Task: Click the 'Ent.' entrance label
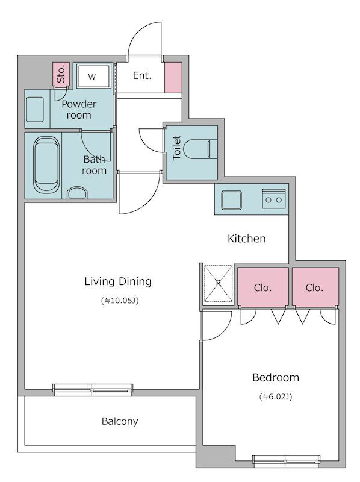click(142, 75)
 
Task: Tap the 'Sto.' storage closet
click(61, 74)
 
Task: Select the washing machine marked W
click(93, 76)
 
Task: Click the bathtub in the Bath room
click(47, 165)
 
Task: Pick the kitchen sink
click(232, 200)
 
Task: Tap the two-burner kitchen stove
click(274, 199)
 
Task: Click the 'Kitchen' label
click(247, 239)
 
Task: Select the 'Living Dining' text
click(118, 281)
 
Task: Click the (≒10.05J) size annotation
click(120, 300)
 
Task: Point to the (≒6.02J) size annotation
click(276, 396)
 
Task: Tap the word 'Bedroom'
click(276, 377)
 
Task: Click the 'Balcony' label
click(120, 421)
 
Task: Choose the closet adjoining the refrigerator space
click(263, 287)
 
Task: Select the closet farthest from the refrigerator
click(315, 287)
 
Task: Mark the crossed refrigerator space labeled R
click(219, 283)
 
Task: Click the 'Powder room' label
click(79, 110)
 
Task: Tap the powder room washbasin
click(36, 110)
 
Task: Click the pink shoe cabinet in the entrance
click(173, 78)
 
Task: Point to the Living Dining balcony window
click(93, 389)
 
